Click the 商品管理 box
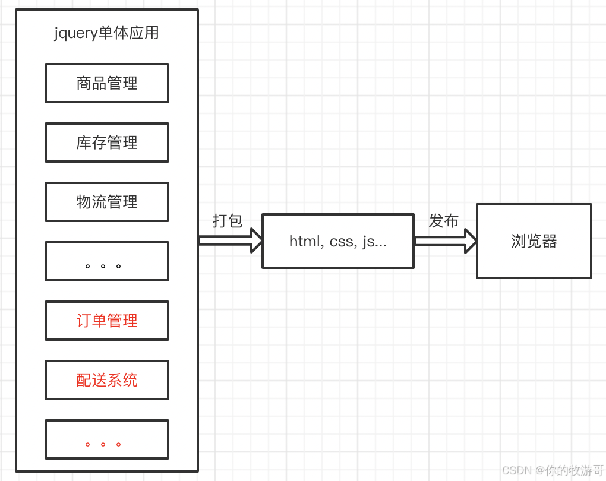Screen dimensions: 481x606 (x=107, y=83)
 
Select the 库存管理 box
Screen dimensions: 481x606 (x=107, y=143)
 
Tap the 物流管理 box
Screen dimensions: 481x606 (x=107, y=202)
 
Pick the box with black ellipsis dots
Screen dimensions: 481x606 (x=107, y=261)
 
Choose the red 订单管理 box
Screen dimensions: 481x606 (x=107, y=321)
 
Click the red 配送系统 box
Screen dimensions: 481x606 (x=107, y=380)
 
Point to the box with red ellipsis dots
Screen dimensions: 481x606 (x=107, y=439)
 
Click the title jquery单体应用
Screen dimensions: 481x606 (x=107, y=33)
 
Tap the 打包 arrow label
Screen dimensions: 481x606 (x=228, y=221)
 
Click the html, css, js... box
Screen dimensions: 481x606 (x=338, y=241)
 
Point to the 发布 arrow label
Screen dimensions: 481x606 (x=444, y=221)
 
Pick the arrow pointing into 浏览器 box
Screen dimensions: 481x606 (x=446, y=240)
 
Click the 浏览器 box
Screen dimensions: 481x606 (x=534, y=241)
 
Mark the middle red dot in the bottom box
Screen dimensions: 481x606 (x=103, y=444)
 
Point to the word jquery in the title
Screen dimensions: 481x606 (x=75, y=33)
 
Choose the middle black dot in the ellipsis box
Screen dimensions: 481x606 (x=103, y=266)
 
